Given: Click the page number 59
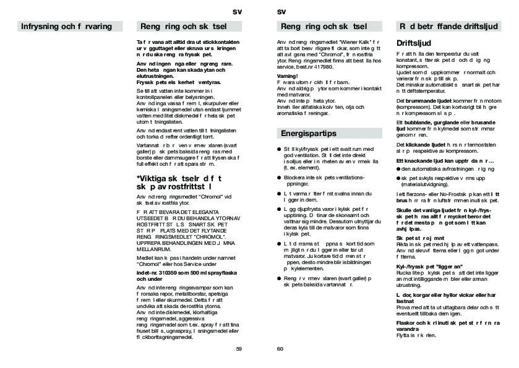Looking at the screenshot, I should [x=239, y=349].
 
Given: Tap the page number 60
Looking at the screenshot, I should [x=280, y=349].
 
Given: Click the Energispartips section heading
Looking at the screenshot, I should [x=309, y=133].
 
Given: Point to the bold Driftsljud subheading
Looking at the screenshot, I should [x=413, y=45].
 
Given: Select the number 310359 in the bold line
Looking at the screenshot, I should [x=165, y=273].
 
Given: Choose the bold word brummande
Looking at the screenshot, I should [x=420, y=100].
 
